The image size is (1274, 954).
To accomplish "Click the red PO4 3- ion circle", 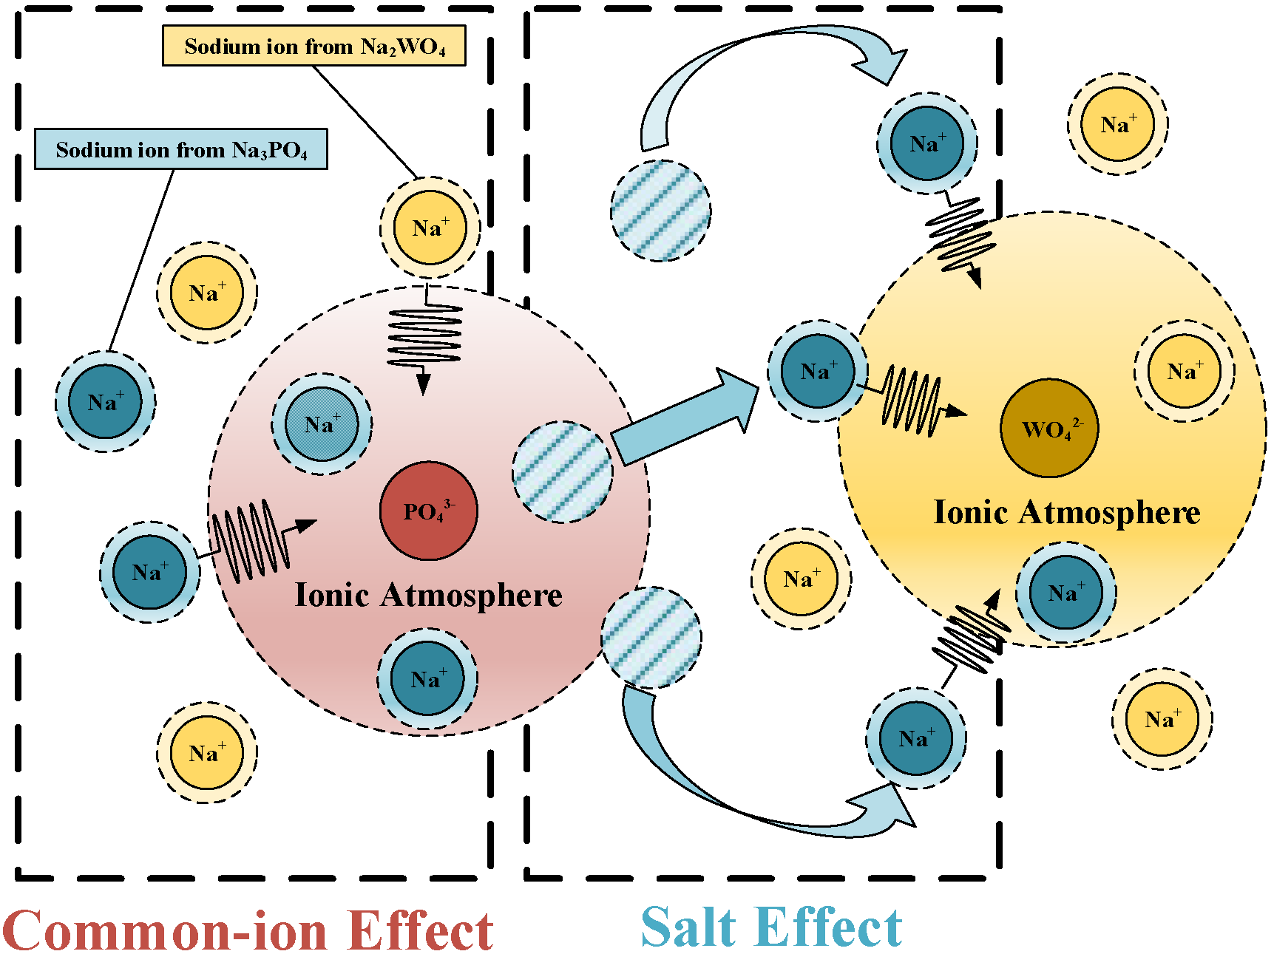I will tap(428, 511).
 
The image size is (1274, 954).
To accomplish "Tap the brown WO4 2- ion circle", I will tap(1048, 429).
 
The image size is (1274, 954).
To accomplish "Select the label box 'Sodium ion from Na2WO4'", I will tap(314, 46).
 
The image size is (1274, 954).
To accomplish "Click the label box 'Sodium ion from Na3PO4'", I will tap(181, 149).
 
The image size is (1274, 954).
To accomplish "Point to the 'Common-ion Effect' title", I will tap(248, 930).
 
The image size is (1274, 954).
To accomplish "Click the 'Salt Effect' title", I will tap(771, 927).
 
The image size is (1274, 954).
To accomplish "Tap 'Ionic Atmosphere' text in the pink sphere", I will tap(428, 595).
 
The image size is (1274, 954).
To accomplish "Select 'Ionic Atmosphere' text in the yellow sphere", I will tap(1066, 512).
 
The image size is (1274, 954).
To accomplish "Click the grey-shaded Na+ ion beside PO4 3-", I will tap(322, 424).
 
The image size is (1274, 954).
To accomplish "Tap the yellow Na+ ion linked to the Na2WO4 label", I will tap(430, 228).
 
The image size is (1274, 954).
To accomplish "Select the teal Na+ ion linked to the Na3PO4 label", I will tap(105, 402).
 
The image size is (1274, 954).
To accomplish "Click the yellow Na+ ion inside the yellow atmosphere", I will tap(1185, 371).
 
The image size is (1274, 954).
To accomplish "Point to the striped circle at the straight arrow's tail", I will tap(562, 472).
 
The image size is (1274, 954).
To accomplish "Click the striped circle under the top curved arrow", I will tap(660, 211).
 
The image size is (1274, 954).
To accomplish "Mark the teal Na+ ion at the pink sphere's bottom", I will tap(427, 678).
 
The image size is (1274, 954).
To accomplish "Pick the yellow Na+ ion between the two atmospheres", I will tap(802, 579).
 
